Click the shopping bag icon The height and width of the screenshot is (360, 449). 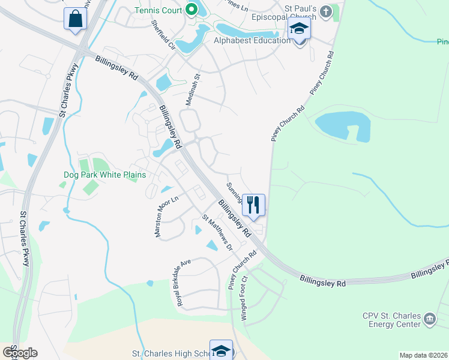(76, 19)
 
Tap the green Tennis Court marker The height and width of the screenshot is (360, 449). (191, 9)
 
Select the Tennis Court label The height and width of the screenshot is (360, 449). (158, 10)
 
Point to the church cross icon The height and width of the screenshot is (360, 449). (326, 11)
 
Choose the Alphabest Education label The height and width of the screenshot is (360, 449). (252, 41)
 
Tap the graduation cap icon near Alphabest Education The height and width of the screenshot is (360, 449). (299, 29)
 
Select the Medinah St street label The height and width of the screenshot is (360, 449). (191, 90)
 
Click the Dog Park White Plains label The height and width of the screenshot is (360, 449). (105, 175)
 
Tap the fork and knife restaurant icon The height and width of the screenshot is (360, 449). (253, 205)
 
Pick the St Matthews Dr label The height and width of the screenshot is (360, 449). (216, 232)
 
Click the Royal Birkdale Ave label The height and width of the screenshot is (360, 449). (184, 283)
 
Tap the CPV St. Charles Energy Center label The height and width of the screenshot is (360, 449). (391, 320)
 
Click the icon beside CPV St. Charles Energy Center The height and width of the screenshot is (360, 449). (430, 319)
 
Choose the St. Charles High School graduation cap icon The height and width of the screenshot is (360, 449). (221, 351)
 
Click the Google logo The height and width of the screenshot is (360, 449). (20, 353)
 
